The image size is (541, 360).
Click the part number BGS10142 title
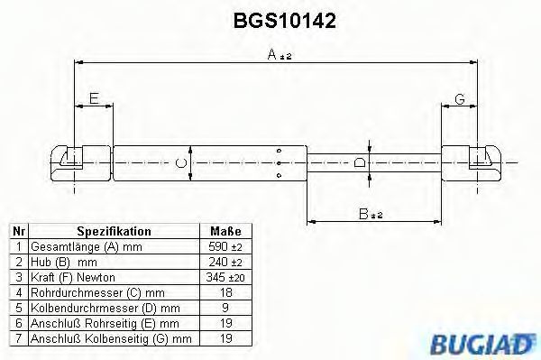pos(285,21)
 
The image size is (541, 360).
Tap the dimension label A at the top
pos(272,54)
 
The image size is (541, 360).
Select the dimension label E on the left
pos(94,98)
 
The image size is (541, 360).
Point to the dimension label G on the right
pos(460,99)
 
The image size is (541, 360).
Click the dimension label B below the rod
pos(363,214)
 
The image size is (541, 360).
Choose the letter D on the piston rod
pos(360,162)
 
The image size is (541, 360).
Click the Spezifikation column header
pos(114,231)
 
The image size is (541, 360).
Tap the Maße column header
pos(226,231)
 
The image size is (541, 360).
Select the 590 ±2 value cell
pos(225,246)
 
